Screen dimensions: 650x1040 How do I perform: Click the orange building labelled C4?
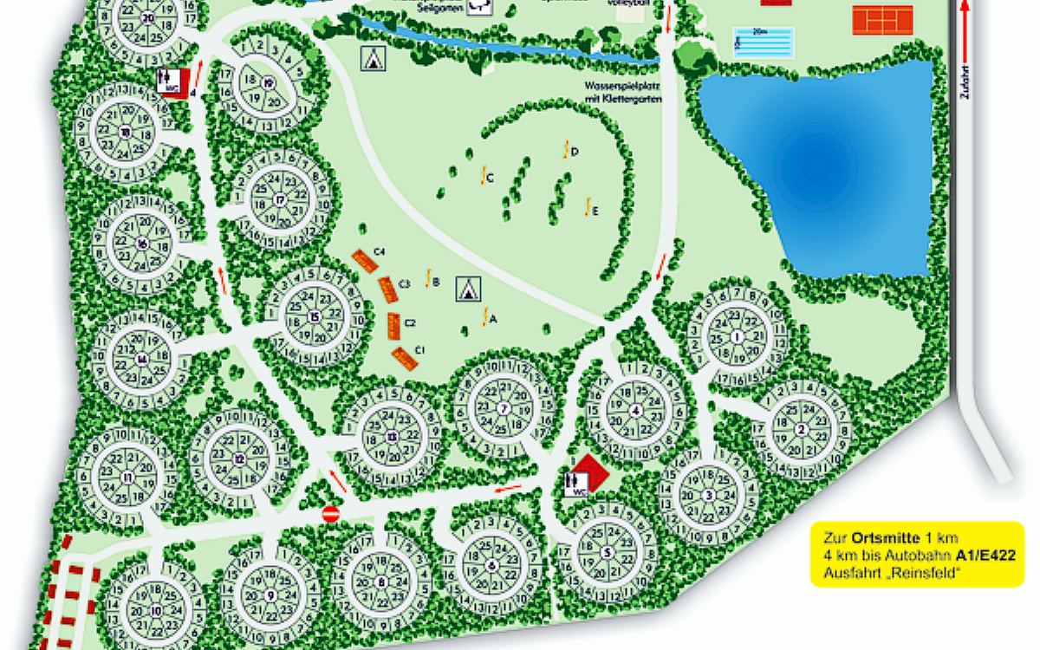coord(364,261)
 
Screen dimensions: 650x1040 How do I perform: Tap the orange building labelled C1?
coord(405,358)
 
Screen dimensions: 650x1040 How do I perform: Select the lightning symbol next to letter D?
coord(565,149)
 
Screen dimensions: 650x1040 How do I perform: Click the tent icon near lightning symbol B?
coord(468,289)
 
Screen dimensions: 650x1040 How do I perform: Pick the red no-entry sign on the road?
coord(330,514)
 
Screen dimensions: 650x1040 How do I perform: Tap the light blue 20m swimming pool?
coord(764,42)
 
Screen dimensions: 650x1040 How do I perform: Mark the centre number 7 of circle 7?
coord(504,409)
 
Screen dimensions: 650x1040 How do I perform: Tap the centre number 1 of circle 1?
coord(737,336)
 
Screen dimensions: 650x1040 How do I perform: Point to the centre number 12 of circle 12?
coord(238,458)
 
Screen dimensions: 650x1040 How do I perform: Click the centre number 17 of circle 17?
coord(280,199)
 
